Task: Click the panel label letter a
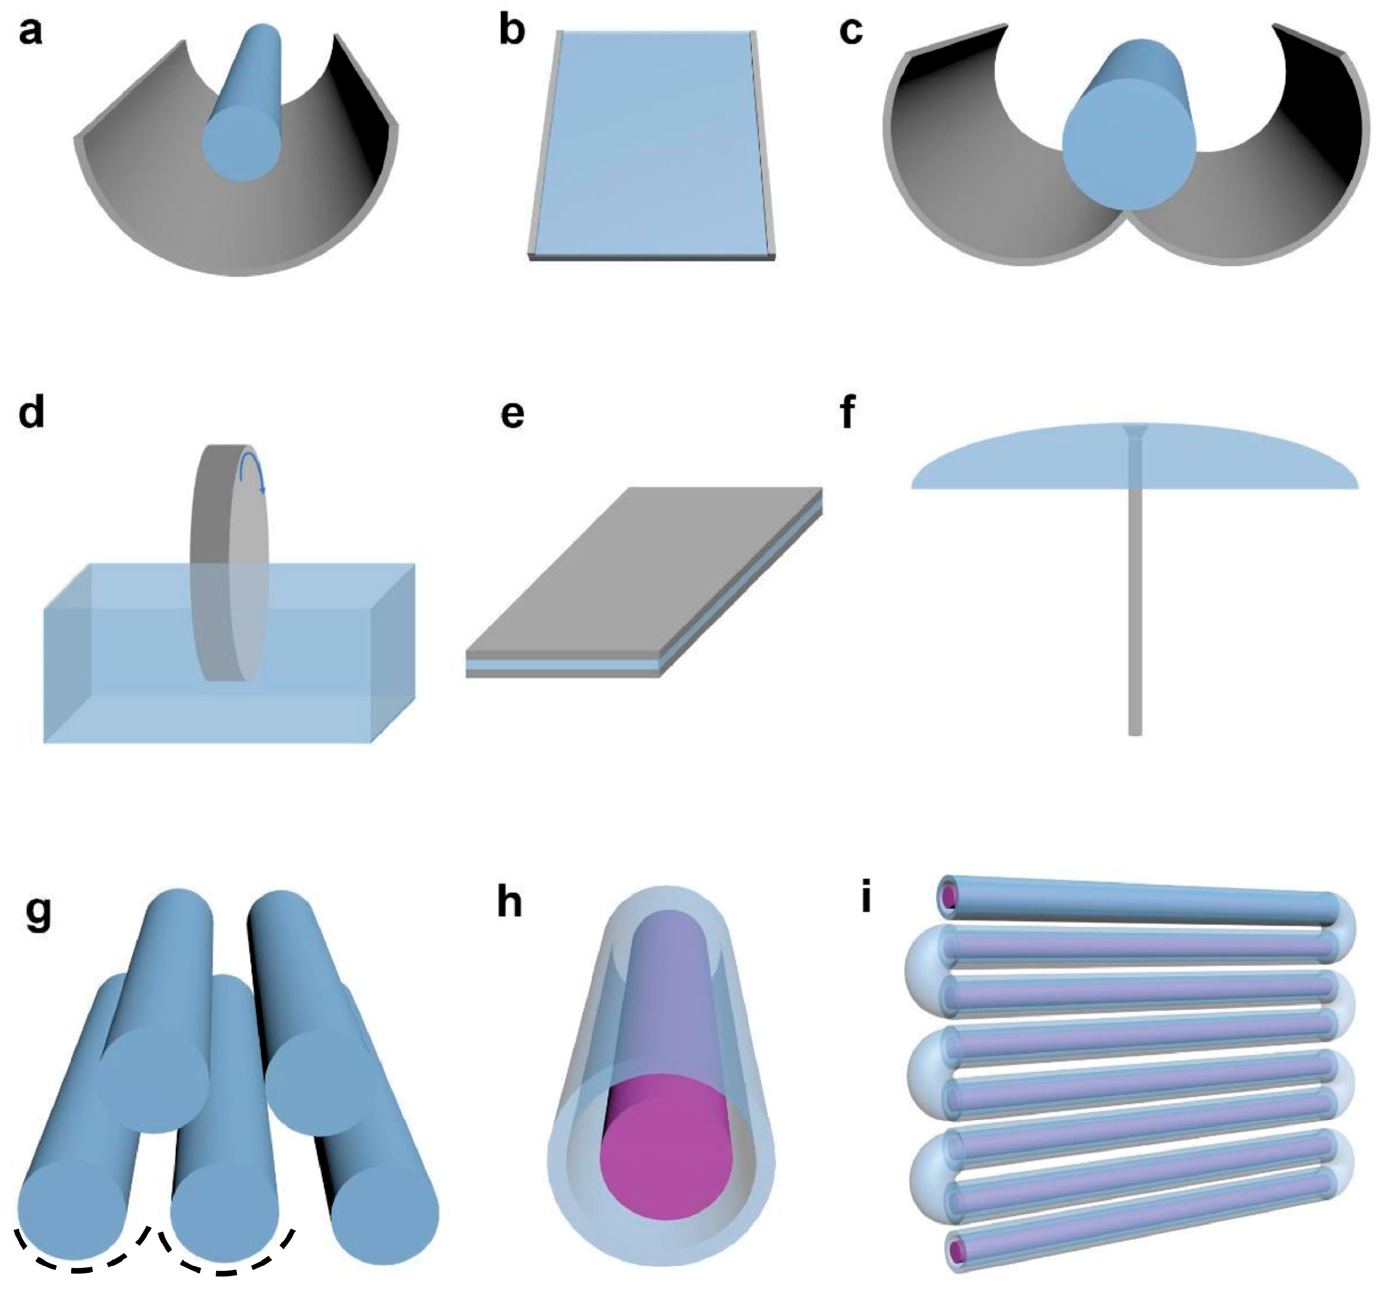point(30,32)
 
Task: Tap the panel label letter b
point(512,32)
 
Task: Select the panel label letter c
point(851,32)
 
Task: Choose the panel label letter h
point(510,904)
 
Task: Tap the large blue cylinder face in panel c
point(1129,143)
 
